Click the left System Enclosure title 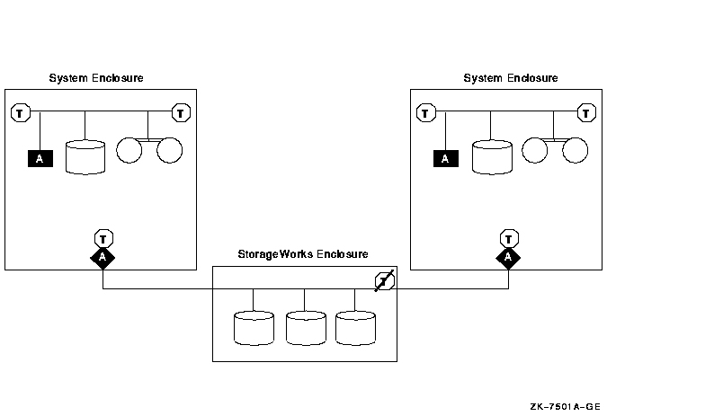95,78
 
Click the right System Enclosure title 510,78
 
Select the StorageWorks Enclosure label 302,255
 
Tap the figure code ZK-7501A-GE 565,407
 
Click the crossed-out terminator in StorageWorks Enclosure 384,281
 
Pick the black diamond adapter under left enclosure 103,258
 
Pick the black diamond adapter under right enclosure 509,258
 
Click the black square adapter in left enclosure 40,159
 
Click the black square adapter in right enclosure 445,159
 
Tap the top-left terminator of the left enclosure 21,112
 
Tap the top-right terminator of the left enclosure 181,112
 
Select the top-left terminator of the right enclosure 426,112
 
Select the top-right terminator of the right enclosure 586,112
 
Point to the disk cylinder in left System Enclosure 85,156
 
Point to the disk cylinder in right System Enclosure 491,156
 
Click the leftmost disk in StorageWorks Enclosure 253,328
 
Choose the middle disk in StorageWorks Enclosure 305,328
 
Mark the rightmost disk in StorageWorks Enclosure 354,328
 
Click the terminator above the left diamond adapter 103,238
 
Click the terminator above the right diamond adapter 509,238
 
